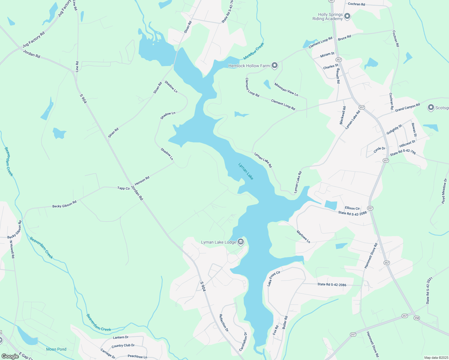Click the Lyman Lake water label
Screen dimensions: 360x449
[x=246, y=171]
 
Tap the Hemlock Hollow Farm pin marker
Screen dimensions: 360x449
[x=274, y=65]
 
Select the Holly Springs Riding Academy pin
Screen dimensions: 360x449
[x=347, y=16]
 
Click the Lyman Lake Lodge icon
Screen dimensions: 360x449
[x=240, y=241]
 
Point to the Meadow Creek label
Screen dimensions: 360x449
[x=254, y=51]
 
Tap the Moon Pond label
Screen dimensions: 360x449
[x=56, y=349]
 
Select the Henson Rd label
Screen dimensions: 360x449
[x=142, y=181]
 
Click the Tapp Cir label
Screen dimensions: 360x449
[x=123, y=188]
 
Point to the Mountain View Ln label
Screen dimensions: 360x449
[x=286, y=89]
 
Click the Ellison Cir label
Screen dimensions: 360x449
[x=352, y=208]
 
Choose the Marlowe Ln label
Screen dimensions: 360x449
[x=303, y=237]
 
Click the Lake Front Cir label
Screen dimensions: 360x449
[x=274, y=278]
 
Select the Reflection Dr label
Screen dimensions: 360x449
[x=224, y=322]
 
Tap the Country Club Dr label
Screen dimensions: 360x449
[x=123, y=346]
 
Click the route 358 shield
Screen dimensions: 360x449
[x=416, y=318]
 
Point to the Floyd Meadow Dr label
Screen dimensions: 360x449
[x=444, y=191]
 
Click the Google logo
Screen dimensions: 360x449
[x=10, y=356]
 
